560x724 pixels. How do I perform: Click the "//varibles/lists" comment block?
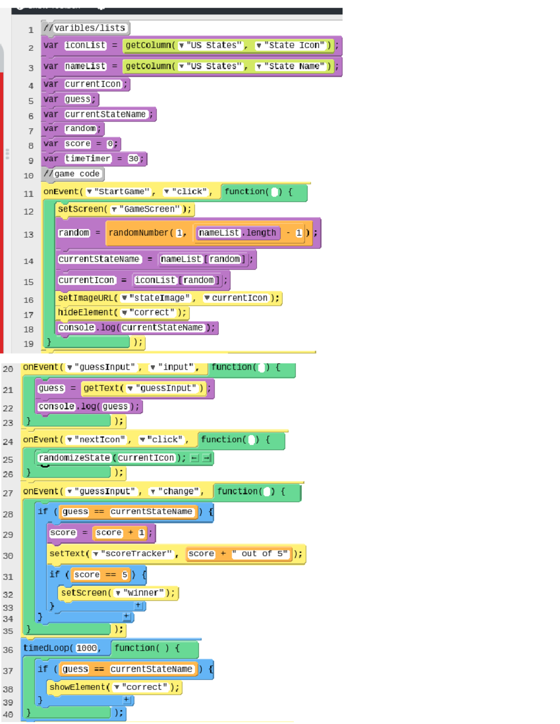coord(85,28)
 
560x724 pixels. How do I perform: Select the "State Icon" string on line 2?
coord(294,45)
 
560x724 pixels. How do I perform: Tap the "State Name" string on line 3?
coord(294,66)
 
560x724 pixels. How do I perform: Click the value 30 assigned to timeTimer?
coord(133,159)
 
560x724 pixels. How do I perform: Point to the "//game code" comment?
coord(72,174)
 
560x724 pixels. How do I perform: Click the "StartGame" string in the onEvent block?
coord(121,192)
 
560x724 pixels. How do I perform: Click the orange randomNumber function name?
coord(139,233)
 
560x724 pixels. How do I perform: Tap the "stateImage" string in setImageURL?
coord(159,298)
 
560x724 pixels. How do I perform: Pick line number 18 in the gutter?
coord(29,329)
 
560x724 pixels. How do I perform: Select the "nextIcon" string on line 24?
coord(100,440)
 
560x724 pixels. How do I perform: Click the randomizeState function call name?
coord(74,458)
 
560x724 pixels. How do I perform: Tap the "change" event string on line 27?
coord(178,491)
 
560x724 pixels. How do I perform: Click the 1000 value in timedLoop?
coord(87,648)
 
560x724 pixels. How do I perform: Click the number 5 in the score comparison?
coord(125,575)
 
